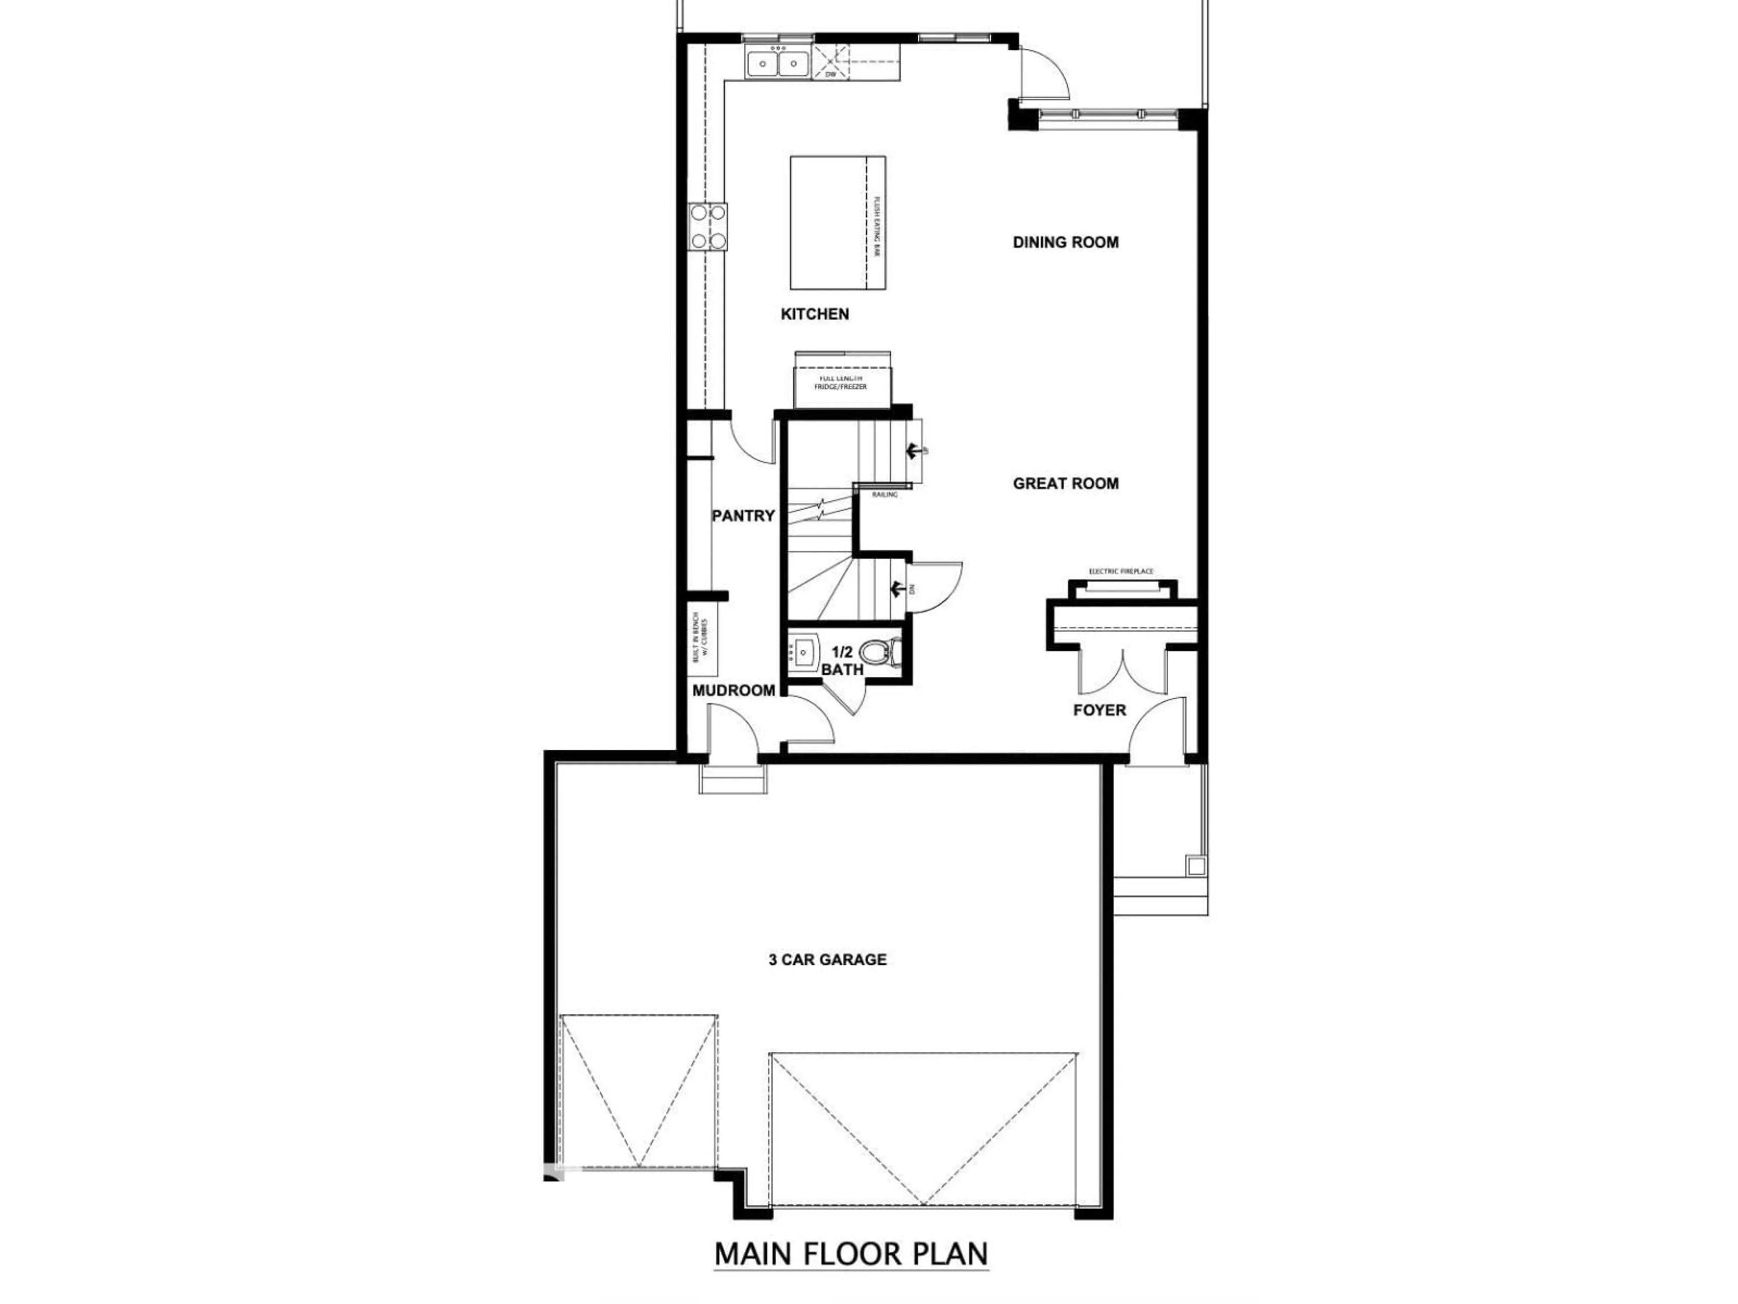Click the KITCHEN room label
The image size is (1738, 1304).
815,314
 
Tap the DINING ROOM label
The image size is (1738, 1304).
1065,242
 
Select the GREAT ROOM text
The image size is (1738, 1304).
1065,484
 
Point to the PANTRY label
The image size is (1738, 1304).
743,516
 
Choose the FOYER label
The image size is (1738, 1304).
1099,710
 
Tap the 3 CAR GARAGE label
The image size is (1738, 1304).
827,960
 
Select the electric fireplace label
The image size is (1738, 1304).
1121,571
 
